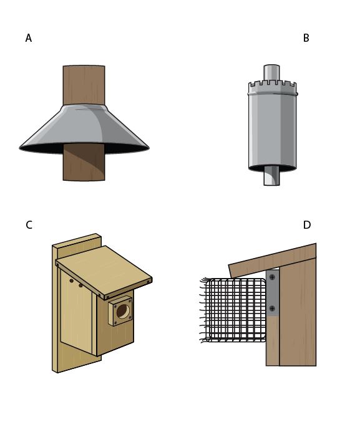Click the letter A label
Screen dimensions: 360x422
(29, 38)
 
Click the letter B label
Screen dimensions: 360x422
(306, 38)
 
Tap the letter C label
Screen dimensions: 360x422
(29, 225)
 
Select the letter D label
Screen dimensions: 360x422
(307, 225)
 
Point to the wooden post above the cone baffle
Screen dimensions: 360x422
(84, 85)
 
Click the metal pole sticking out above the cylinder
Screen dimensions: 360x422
(271, 73)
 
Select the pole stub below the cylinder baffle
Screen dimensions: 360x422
(271, 176)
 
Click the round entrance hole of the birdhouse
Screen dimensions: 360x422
(123, 312)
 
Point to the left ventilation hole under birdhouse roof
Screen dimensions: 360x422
(71, 281)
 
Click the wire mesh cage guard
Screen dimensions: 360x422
(233, 310)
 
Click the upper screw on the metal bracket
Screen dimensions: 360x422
(272, 277)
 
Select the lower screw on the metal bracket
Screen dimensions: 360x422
(272, 309)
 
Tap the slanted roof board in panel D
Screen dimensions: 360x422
(272, 261)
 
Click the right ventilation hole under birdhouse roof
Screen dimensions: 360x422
(80, 285)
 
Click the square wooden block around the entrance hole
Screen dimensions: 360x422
(120, 311)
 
